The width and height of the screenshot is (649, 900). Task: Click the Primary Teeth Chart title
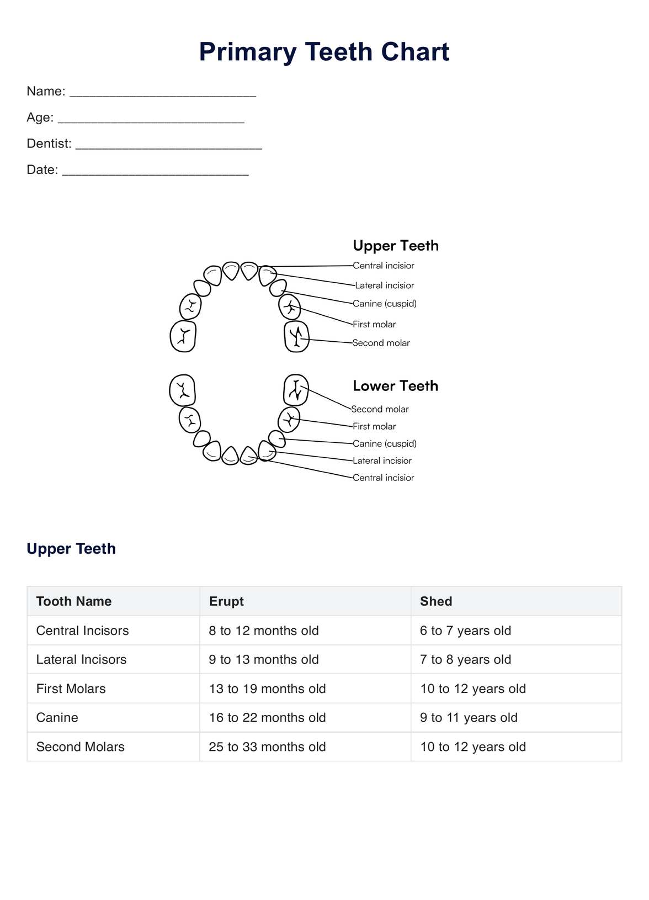pyautogui.click(x=324, y=52)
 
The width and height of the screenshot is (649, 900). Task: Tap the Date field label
pyautogui.click(x=42, y=170)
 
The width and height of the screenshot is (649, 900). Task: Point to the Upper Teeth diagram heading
pyautogui.click(x=396, y=246)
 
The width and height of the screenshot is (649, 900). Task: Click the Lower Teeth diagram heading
pyautogui.click(x=395, y=386)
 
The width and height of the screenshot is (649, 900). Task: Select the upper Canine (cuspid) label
pyautogui.click(x=385, y=304)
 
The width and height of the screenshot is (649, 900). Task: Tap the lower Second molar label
pyautogui.click(x=380, y=409)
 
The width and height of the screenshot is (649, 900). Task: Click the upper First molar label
pyautogui.click(x=374, y=324)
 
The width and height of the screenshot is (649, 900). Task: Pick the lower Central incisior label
pyautogui.click(x=384, y=478)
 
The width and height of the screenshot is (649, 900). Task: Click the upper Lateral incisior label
pyautogui.click(x=385, y=285)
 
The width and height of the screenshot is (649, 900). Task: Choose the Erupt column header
pyautogui.click(x=226, y=601)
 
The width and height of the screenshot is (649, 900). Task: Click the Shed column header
pyautogui.click(x=436, y=601)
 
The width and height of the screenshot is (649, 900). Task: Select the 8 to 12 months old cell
pyautogui.click(x=264, y=631)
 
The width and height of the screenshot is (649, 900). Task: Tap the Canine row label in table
pyautogui.click(x=57, y=717)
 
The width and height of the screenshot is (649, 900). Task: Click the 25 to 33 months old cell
pyautogui.click(x=267, y=747)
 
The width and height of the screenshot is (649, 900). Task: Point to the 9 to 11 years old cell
pyautogui.click(x=469, y=717)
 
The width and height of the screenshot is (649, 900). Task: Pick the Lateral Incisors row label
pyautogui.click(x=81, y=659)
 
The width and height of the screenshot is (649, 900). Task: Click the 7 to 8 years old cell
pyautogui.click(x=465, y=659)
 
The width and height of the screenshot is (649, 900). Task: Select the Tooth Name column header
pyautogui.click(x=74, y=601)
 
